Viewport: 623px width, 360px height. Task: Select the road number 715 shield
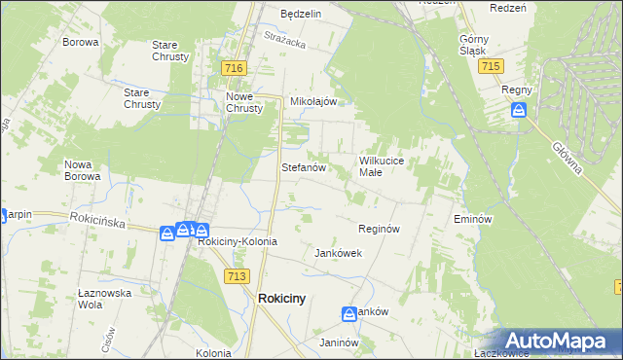(x=491, y=65)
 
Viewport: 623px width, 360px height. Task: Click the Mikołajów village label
(x=313, y=101)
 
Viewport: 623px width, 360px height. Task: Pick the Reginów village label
(x=380, y=229)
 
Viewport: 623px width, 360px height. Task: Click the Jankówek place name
(x=338, y=253)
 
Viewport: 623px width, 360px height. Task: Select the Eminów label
(x=470, y=220)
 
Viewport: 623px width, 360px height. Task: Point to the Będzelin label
(x=301, y=15)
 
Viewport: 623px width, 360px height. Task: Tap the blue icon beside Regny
(x=520, y=110)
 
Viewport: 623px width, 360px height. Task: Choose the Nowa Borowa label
(x=82, y=170)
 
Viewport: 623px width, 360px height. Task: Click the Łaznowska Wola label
(x=103, y=298)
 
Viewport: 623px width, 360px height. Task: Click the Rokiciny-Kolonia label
(x=238, y=241)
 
